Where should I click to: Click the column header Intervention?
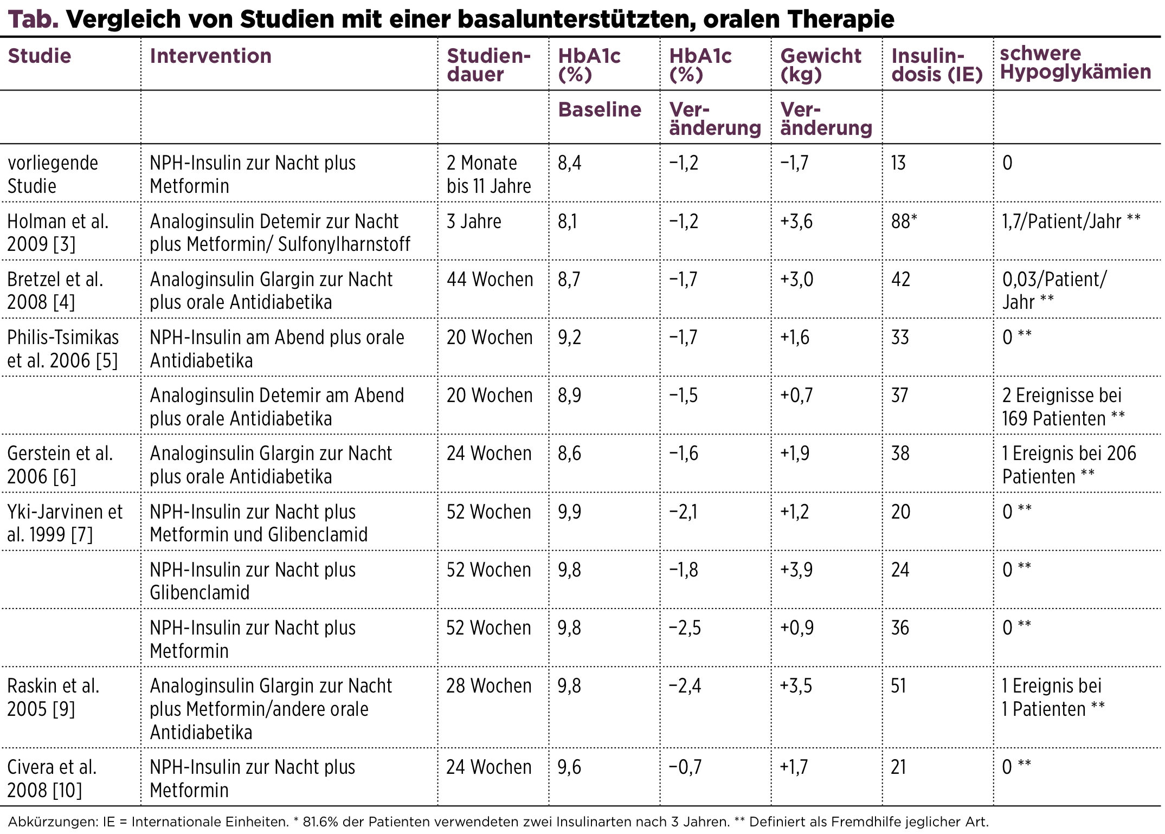(210, 56)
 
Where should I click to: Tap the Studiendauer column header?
(488, 65)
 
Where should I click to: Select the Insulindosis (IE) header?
(937, 65)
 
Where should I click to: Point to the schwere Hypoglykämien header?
(1076, 62)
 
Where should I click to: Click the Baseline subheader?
(600, 109)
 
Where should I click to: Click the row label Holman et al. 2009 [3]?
(58, 232)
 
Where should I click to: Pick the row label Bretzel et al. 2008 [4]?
(55, 290)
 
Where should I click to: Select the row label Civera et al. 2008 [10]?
(52, 778)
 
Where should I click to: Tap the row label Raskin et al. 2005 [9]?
(53, 697)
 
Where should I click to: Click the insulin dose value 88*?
(904, 221)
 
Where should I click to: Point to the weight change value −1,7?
(794, 163)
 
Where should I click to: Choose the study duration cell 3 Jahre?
(474, 221)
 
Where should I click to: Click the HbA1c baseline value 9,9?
(570, 512)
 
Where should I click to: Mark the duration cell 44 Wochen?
(490, 279)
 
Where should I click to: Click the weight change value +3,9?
(796, 570)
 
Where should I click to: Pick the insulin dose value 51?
(899, 686)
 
